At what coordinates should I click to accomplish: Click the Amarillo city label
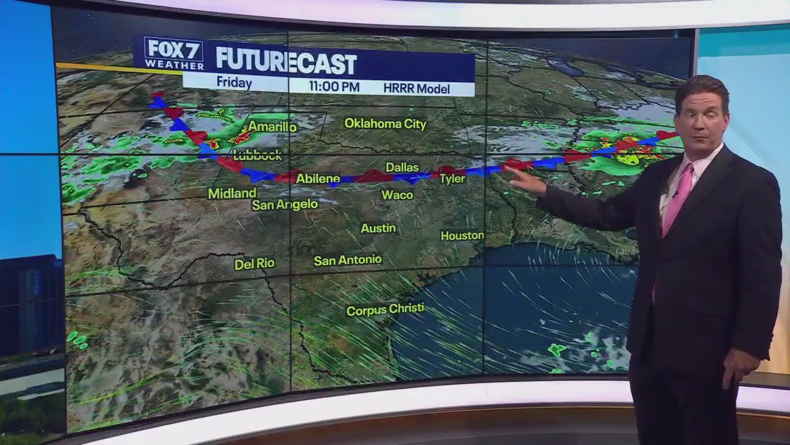pos(272,127)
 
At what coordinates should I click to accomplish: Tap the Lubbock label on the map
pos(258,155)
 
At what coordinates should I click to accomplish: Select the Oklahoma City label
pos(385,124)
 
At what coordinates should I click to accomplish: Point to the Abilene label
pos(318,179)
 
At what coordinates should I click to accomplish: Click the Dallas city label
pos(402,167)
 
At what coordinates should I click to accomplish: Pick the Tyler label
pos(452,179)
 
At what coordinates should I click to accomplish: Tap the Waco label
pos(397,195)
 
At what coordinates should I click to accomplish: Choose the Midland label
pos(232,193)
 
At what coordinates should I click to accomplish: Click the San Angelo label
pos(285,205)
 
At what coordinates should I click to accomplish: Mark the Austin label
pos(378,229)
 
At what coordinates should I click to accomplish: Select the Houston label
pos(462,235)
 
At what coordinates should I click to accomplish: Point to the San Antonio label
pos(347,261)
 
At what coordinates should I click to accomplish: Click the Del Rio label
pos(254,264)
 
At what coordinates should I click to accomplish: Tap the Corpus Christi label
pos(385,310)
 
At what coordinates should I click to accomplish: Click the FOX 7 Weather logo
pos(173,53)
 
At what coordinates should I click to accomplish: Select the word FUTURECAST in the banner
pos(286,62)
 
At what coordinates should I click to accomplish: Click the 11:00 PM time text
pos(334,87)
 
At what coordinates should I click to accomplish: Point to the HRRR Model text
pos(416,88)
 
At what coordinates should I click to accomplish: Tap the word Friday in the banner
pos(234,83)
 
